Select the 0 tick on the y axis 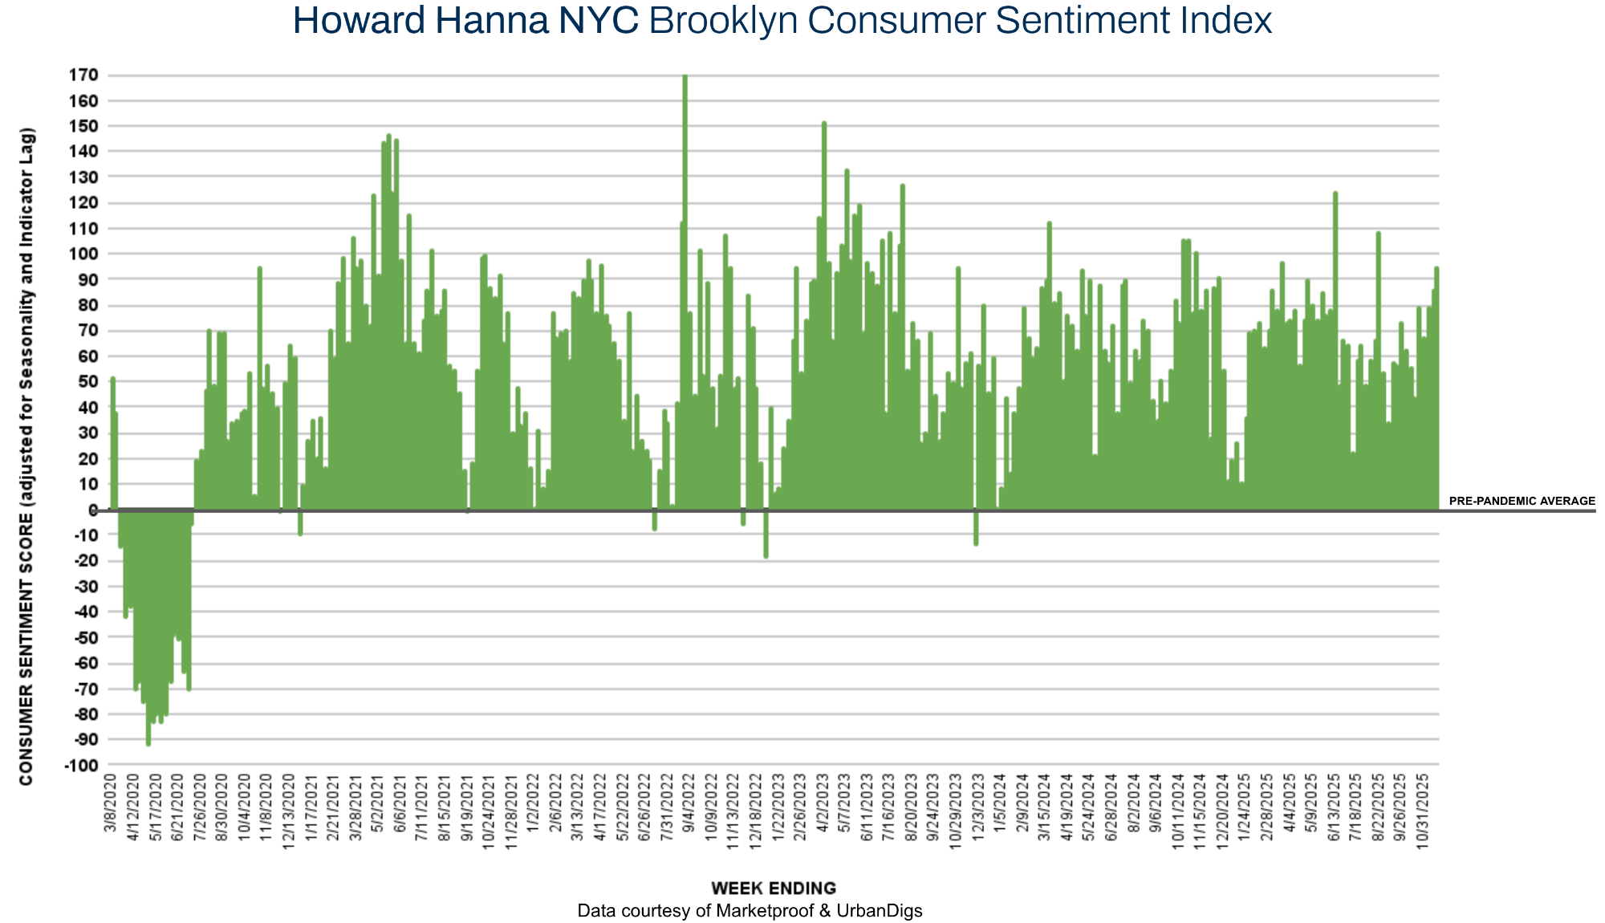93,510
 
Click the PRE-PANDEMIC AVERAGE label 1522,501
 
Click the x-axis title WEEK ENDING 774,888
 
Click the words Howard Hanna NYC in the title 465,21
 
